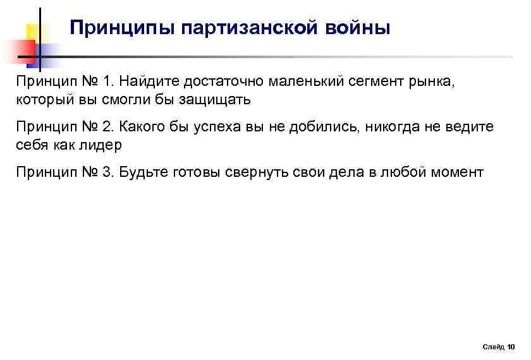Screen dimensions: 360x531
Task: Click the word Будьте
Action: point(143,172)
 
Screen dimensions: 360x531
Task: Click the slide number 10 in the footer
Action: point(511,347)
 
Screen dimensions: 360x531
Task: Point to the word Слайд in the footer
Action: point(492,347)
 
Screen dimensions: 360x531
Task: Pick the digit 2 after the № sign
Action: point(105,127)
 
